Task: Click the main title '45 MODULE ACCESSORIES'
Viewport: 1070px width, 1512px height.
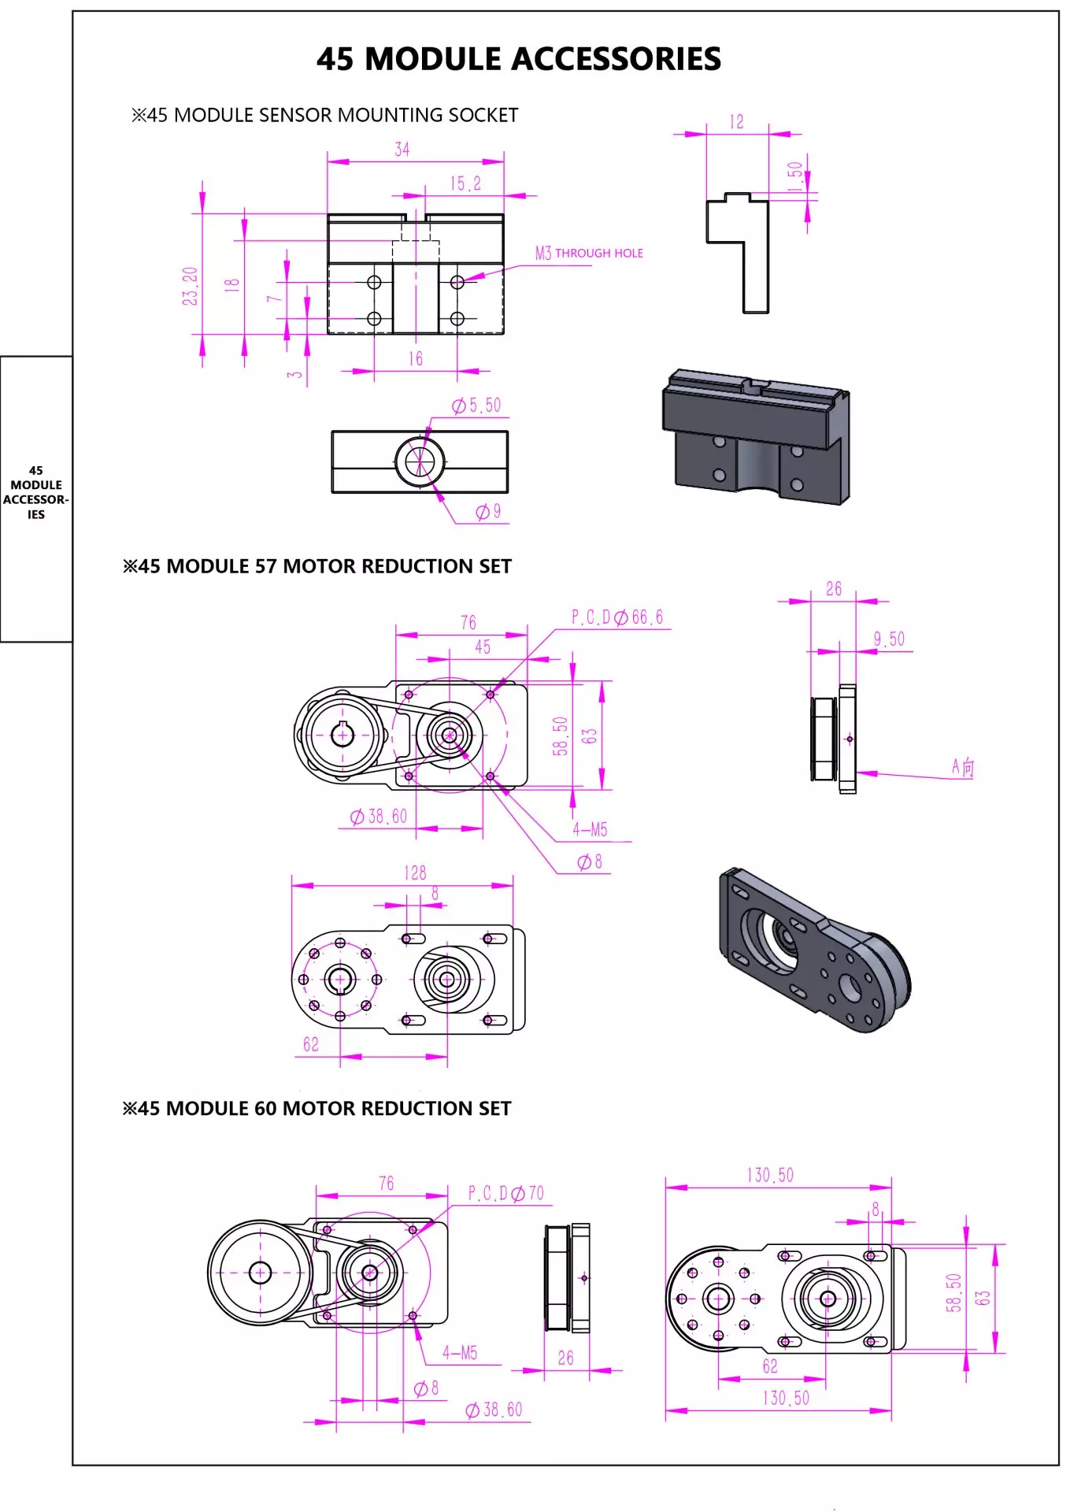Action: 518,59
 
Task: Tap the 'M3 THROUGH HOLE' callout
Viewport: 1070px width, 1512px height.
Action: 589,253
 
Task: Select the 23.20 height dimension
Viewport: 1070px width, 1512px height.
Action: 190,285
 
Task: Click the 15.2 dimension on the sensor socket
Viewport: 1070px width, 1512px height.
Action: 465,183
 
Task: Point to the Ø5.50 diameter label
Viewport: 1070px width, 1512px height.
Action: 476,406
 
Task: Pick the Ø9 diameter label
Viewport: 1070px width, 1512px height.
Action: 488,512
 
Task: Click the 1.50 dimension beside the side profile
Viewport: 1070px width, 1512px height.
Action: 795,176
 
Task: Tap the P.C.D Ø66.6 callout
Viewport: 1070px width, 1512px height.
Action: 617,617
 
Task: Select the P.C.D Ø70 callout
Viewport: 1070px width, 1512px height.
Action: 506,1193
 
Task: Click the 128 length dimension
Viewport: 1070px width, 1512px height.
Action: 415,873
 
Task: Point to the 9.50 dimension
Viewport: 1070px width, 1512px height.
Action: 889,639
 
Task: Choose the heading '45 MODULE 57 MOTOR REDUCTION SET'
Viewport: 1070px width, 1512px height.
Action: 317,566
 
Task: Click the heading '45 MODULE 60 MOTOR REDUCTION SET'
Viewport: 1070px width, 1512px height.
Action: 317,1108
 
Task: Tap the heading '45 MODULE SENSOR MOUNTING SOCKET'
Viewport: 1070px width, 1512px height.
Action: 324,115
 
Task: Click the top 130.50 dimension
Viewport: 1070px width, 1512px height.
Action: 770,1175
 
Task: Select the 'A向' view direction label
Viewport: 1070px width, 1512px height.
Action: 962,767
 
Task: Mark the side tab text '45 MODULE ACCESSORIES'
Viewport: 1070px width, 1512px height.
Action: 35,492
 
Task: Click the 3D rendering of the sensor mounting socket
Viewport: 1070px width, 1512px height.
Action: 756,438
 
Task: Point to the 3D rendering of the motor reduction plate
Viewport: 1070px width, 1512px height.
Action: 814,950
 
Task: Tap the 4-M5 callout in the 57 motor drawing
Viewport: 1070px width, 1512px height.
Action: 590,829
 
